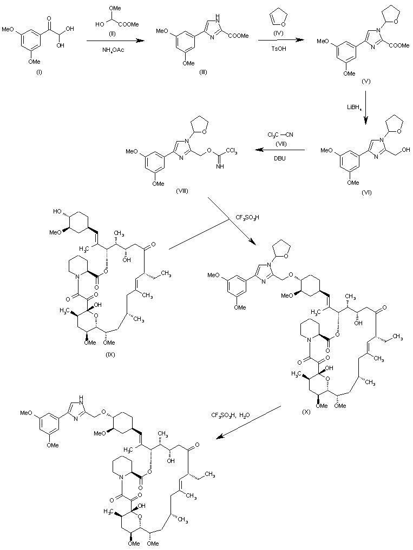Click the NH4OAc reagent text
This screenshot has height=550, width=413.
coord(113,51)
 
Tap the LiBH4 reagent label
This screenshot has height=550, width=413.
coord(355,108)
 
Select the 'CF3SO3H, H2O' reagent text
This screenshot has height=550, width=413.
coord(235,415)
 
